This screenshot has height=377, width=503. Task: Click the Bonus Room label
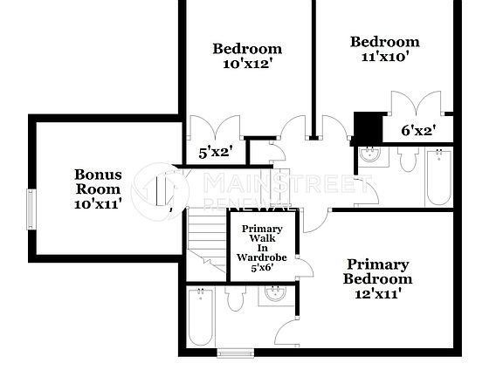(98, 181)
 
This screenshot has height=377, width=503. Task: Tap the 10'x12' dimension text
(247, 64)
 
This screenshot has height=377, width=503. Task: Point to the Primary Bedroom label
(377, 271)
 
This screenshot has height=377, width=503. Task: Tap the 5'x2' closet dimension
(214, 152)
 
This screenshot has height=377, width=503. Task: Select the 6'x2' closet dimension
(418, 131)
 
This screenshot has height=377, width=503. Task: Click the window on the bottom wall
(233, 353)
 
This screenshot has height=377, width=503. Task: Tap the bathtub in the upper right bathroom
(438, 177)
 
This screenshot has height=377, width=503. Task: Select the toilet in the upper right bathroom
(408, 160)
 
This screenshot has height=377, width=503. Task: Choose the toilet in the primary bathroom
(234, 300)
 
